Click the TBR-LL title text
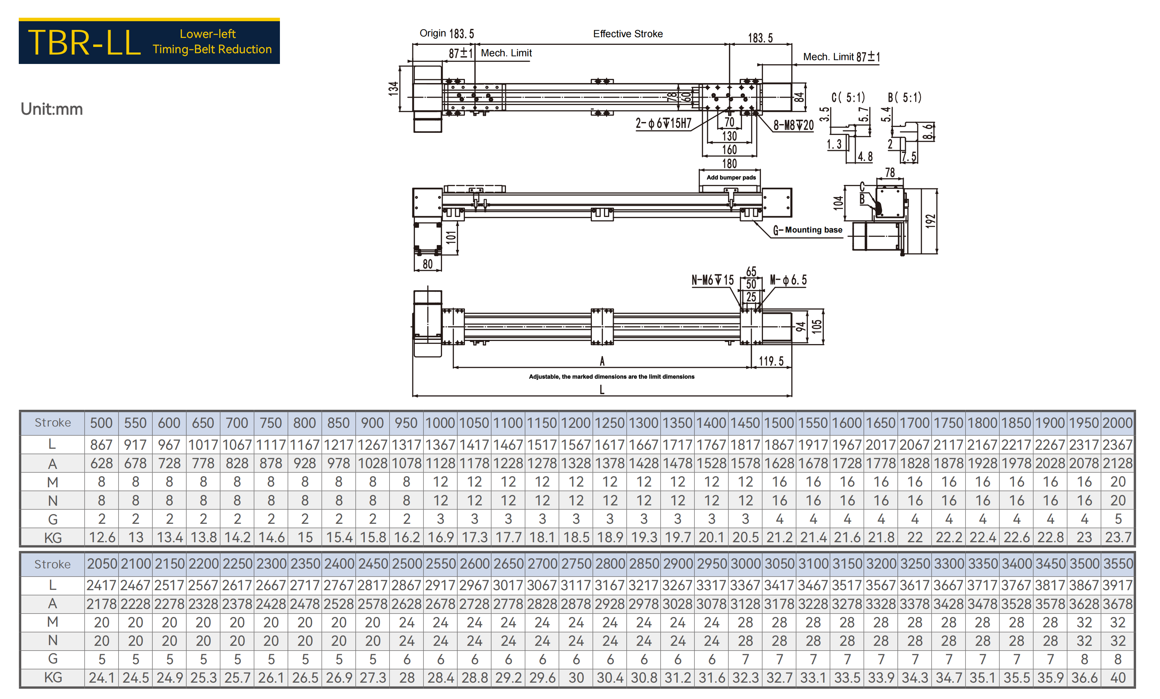point(84,42)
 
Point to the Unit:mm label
point(52,109)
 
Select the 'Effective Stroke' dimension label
point(628,34)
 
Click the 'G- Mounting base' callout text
point(807,230)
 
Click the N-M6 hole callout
point(712,280)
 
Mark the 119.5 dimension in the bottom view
point(771,361)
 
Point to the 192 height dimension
point(930,221)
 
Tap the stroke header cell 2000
point(1117,423)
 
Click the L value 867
point(101,444)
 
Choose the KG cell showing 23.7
point(1117,537)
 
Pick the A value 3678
point(1117,604)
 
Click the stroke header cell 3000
point(745,563)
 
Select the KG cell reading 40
point(1118,677)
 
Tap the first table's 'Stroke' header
point(53,423)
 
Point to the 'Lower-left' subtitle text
point(208,34)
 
